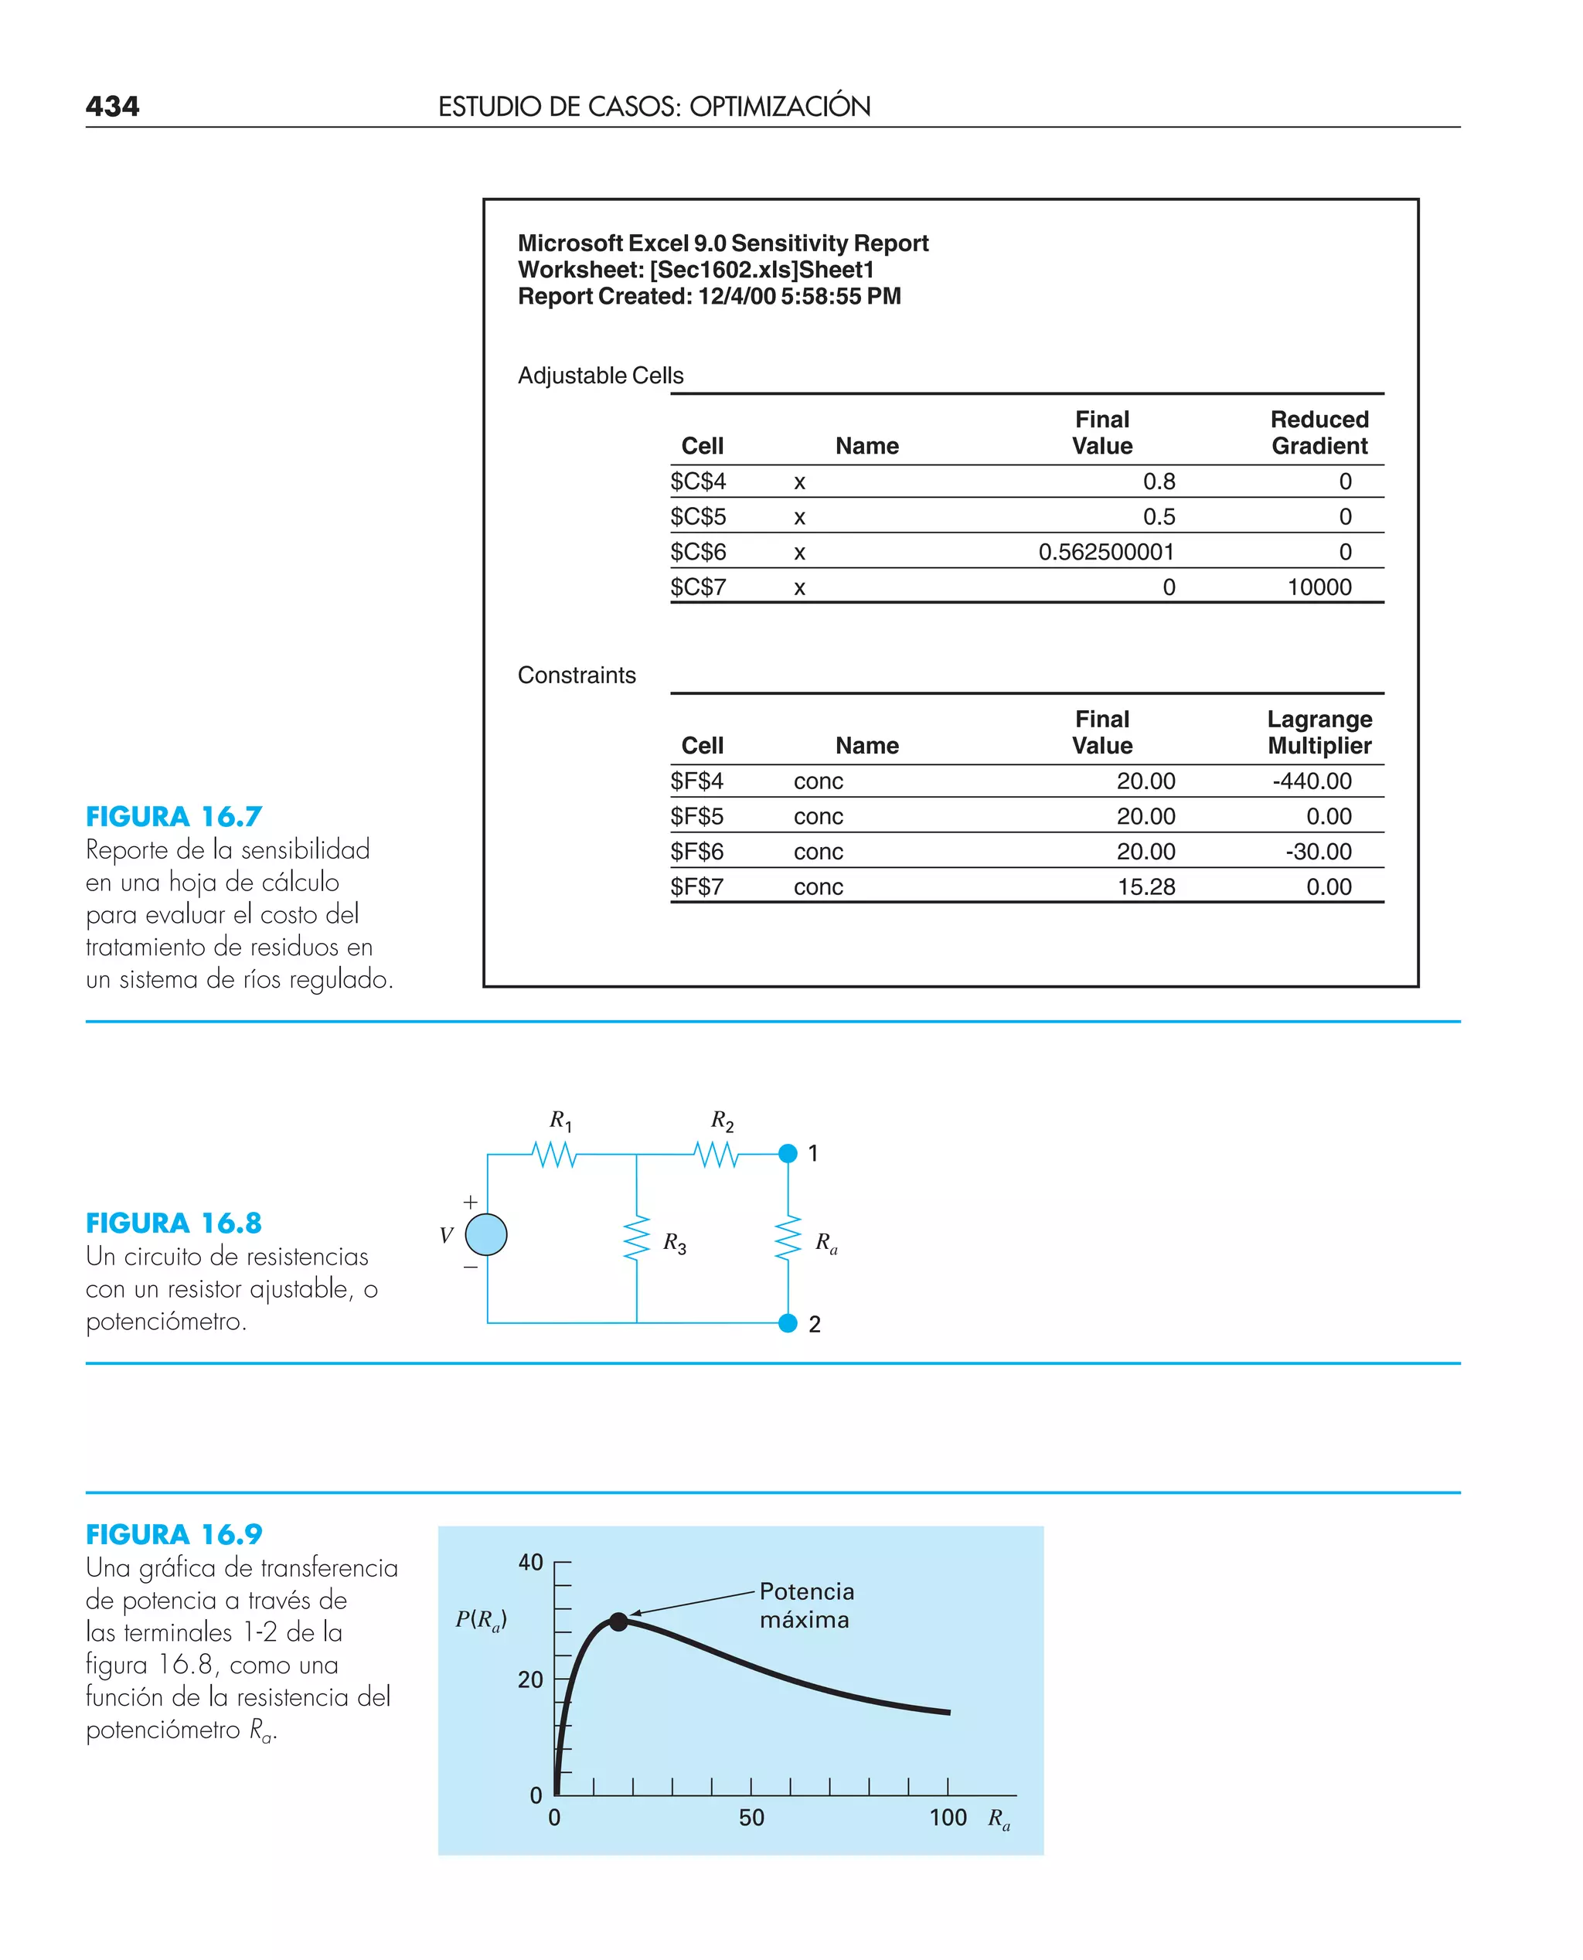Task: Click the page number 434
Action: click(112, 107)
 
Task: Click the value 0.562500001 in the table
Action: click(1105, 552)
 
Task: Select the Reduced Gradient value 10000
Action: click(1319, 587)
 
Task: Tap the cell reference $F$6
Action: click(696, 852)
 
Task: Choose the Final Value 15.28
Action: click(1146, 887)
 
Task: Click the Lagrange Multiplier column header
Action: click(1319, 732)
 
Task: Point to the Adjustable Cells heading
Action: click(600, 376)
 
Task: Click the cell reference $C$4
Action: click(697, 481)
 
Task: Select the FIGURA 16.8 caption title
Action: click(173, 1223)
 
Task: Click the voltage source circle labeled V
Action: click(486, 1235)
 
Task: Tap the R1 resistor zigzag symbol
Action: click(554, 1155)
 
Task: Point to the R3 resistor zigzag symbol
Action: click(635, 1238)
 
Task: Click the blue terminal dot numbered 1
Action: click(788, 1153)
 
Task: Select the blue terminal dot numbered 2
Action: click(788, 1323)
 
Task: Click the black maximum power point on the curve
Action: click(618, 1621)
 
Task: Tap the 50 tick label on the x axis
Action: click(751, 1818)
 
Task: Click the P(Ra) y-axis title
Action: click(481, 1620)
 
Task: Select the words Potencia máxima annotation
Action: click(806, 1605)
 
